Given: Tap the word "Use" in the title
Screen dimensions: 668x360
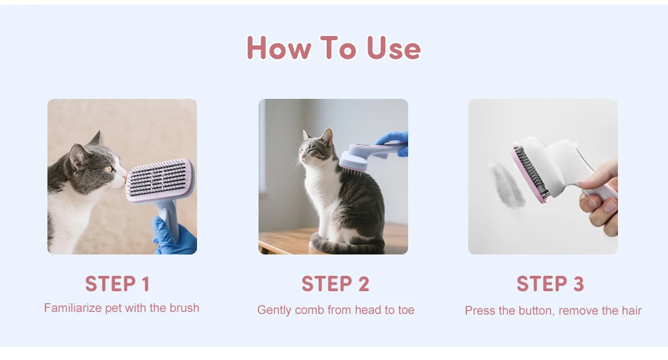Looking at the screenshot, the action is pyautogui.click(x=393, y=47).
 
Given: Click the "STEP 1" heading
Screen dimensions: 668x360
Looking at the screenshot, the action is pyautogui.click(x=118, y=284).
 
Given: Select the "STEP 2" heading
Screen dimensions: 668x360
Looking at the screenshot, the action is pyautogui.click(x=335, y=284).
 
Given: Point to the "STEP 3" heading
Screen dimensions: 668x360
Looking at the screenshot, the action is pyautogui.click(x=550, y=284).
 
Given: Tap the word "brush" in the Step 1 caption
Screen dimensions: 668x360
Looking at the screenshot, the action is pyautogui.click(x=184, y=308).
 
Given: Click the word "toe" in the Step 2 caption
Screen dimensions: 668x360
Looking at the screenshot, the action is pyautogui.click(x=406, y=310).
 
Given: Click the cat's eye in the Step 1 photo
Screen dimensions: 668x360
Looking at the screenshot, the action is pyautogui.click(x=109, y=169).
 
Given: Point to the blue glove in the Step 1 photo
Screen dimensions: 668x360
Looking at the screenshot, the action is pyautogui.click(x=174, y=236).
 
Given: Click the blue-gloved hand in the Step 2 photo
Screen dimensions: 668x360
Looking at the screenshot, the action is pyautogui.click(x=393, y=142).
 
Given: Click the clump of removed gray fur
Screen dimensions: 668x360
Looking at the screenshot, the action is pyautogui.click(x=507, y=186).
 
